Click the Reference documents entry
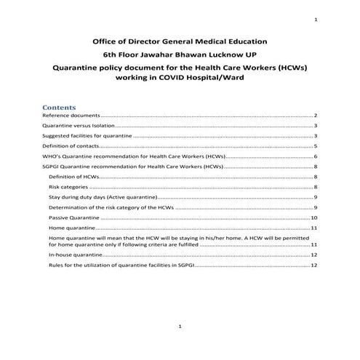[x=71, y=116]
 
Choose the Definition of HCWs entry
[x=73, y=177]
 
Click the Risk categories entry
[x=68, y=187]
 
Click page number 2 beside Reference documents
[x=316, y=116]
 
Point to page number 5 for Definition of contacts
[x=316, y=146]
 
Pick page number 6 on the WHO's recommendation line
[x=316, y=156]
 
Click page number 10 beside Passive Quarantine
[x=314, y=217]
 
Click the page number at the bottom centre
[x=180, y=328]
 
